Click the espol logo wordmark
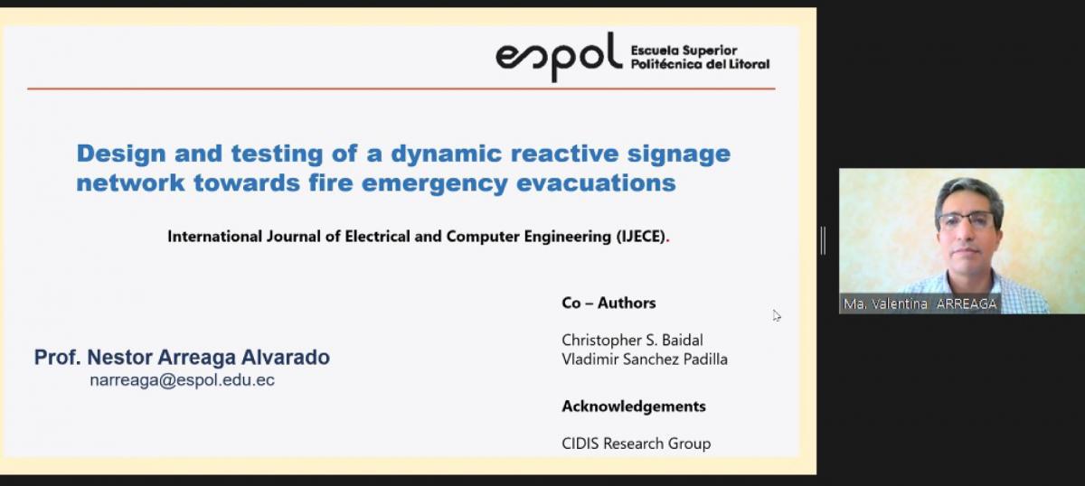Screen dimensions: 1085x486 pos(559,57)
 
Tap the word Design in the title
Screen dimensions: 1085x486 pos(121,154)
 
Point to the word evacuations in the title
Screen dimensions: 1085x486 pos(596,183)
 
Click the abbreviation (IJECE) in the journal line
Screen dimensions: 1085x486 pos(641,237)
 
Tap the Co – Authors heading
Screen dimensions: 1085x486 pos(609,303)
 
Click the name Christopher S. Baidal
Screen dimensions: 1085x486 pos(632,341)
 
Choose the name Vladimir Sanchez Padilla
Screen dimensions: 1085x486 pos(644,360)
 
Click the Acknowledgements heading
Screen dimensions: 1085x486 pos(633,407)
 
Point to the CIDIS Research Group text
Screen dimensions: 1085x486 pos(636,444)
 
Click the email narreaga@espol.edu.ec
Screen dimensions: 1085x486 pos(182,380)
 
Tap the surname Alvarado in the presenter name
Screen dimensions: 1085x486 pos(286,357)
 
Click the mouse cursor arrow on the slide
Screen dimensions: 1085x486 pos(777,315)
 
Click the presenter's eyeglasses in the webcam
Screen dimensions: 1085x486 pos(967,220)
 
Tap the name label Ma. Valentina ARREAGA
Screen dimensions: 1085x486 pos(920,304)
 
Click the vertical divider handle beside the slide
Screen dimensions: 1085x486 pos(823,240)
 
